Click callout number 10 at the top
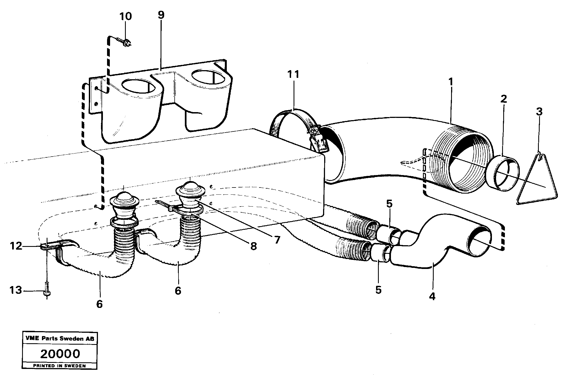coord(126,16)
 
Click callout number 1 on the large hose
coord(451,82)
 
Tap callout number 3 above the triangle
coord(539,112)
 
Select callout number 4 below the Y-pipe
coord(432,296)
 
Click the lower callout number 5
coord(378,290)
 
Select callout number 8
coord(253,246)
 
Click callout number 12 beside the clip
coord(16,245)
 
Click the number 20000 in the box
coord(60,354)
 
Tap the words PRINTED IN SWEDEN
coord(60,366)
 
